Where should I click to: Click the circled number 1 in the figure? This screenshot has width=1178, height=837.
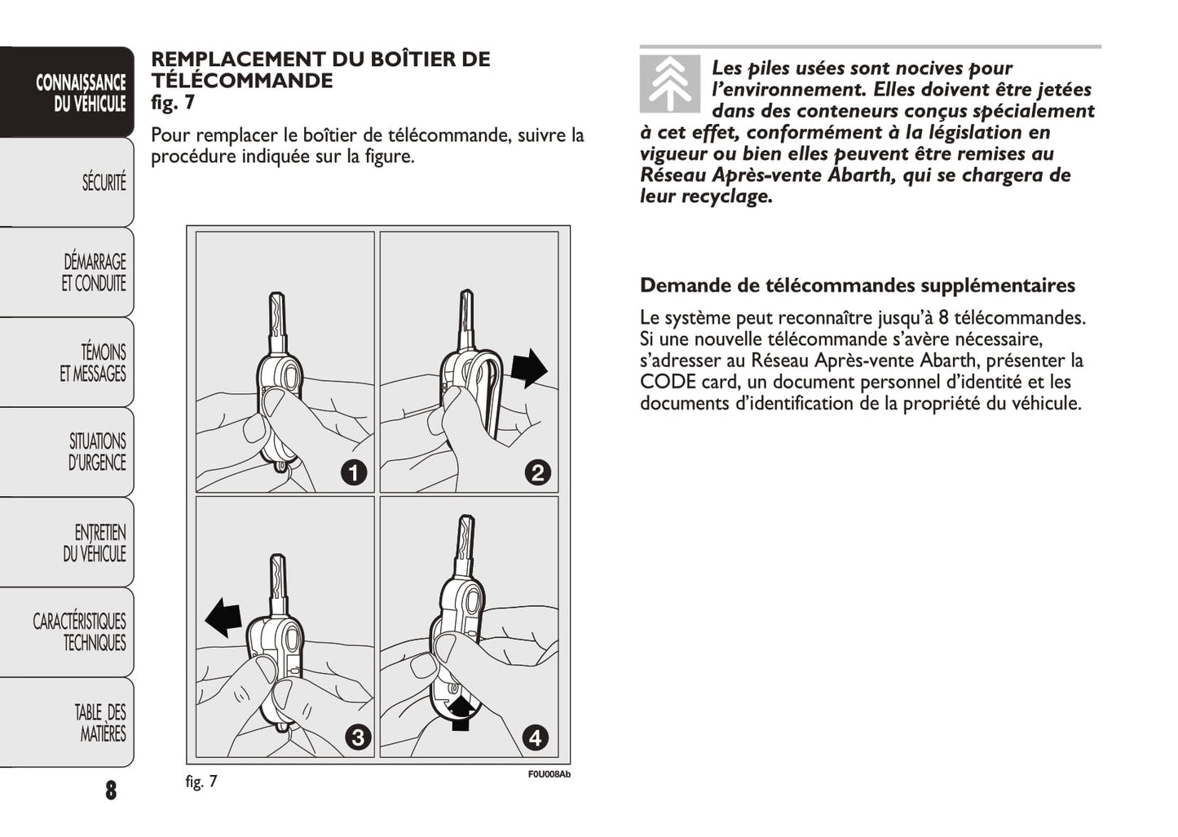(353, 472)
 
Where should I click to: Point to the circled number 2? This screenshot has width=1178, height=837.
(537, 472)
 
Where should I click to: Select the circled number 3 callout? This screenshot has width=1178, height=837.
(357, 737)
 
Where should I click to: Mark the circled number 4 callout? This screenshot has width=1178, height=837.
(535, 737)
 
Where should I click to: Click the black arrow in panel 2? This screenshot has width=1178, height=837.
(529, 368)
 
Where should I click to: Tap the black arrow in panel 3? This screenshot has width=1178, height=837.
(223, 617)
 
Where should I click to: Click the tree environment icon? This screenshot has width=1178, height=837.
(669, 84)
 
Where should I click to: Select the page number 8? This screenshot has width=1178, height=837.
(111, 790)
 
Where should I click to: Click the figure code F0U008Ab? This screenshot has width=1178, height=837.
(549, 774)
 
